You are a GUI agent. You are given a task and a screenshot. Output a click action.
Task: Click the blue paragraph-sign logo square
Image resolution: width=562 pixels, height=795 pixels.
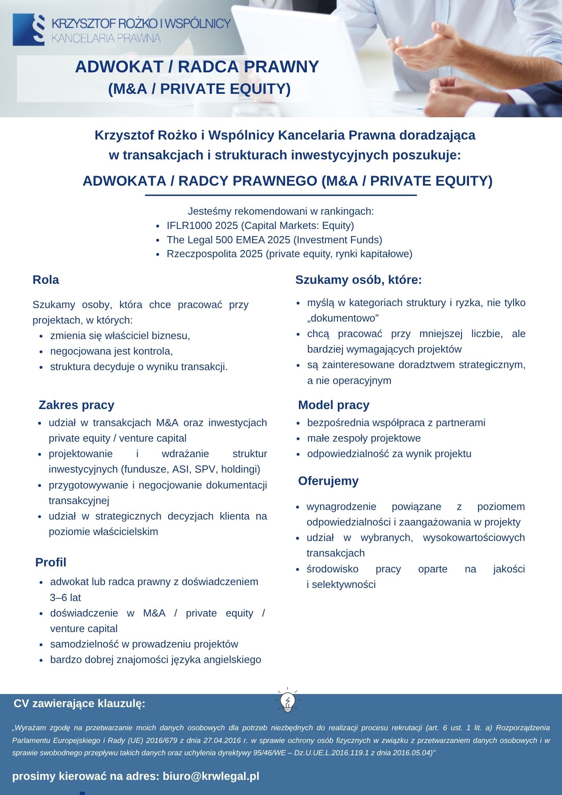29,30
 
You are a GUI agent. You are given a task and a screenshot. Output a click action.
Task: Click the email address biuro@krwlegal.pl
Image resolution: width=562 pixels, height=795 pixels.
211,776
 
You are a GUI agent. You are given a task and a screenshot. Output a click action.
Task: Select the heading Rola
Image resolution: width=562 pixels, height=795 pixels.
46,280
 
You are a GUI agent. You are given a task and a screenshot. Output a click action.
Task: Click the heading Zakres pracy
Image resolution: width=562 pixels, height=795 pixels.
76,405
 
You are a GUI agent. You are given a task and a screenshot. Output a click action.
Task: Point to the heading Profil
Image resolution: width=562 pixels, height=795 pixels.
50,562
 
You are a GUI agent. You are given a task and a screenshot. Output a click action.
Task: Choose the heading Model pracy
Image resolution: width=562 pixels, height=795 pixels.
333,405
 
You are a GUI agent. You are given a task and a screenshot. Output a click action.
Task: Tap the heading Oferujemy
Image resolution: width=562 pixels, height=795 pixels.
328,481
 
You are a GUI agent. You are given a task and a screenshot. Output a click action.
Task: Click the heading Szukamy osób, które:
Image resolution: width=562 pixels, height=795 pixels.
358,280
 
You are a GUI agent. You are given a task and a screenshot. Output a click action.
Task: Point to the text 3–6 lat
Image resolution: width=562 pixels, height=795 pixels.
66,597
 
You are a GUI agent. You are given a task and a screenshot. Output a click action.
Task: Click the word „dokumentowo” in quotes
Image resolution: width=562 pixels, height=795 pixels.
343,318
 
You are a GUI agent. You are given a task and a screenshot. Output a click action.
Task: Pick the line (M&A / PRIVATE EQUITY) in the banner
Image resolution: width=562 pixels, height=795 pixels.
200,89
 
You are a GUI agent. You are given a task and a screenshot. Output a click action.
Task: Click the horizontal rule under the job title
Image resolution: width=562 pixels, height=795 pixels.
281,195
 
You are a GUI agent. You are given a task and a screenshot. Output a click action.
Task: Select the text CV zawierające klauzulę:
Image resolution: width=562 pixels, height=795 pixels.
79,704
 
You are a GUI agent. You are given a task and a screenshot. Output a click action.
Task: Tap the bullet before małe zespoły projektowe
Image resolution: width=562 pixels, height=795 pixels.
298,438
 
